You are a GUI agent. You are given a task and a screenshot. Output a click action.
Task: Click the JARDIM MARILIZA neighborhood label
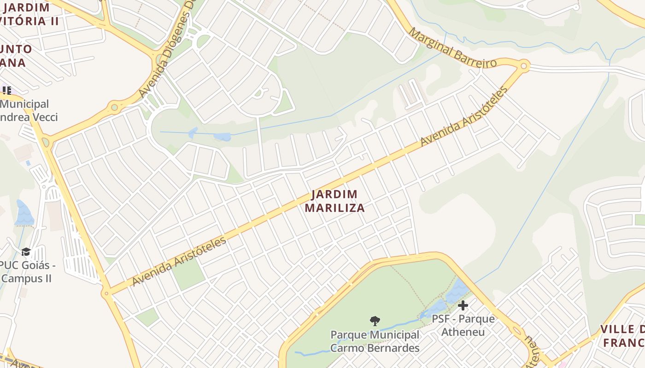(335, 201)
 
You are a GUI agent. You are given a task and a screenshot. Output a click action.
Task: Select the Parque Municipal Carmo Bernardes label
(375, 341)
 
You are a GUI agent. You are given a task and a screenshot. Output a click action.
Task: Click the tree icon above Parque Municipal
(375, 321)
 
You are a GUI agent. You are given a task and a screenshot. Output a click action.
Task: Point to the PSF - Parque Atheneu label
(463, 325)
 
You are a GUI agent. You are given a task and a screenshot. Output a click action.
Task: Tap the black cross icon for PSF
(463, 305)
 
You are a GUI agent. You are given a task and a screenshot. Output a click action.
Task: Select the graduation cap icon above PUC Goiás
(26, 252)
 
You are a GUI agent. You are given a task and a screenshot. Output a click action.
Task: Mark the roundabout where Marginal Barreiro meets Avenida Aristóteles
(523, 66)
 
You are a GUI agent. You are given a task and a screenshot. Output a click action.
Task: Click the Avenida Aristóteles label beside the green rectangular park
(179, 261)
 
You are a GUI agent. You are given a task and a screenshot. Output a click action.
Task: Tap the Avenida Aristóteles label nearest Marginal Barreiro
(464, 116)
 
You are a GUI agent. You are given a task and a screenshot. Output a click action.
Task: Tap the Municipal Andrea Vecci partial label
(28, 110)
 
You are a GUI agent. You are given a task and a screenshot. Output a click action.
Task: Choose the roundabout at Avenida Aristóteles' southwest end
(106, 293)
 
